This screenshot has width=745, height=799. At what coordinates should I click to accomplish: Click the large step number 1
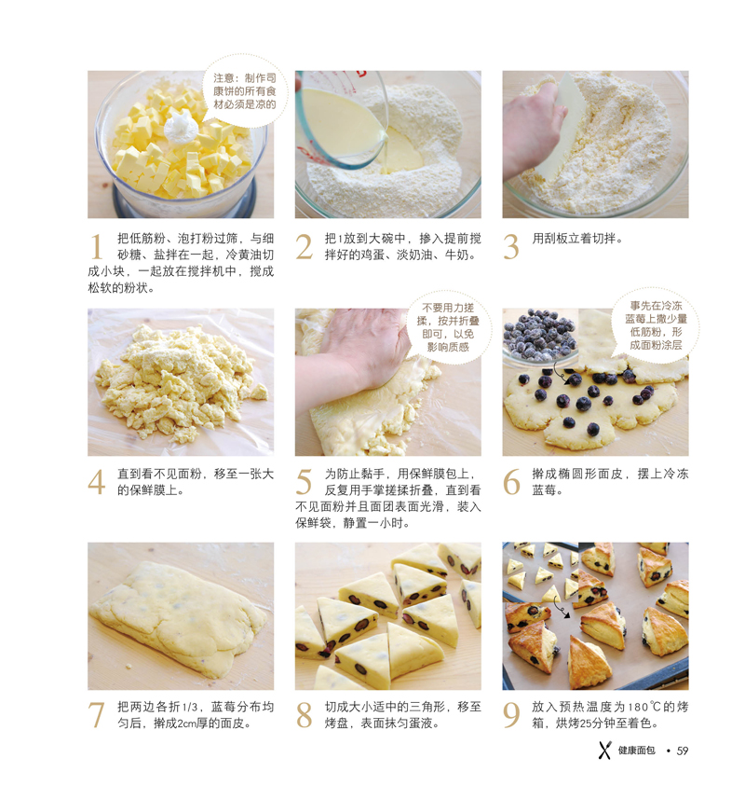pyautogui.click(x=96, y=247)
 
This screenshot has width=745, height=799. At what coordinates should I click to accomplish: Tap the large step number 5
pyautogui.click(x=304, y=482)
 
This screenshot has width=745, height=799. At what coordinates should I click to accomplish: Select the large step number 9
pyautogui.click(x=511, y=715)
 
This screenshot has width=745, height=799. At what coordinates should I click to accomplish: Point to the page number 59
pyautogui.click(x=683, y=751)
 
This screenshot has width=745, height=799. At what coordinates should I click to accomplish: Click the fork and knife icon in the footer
pyautogui.click(x=604, y=751)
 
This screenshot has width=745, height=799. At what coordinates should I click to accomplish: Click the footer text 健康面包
pyautogui.click(x=637, y=751)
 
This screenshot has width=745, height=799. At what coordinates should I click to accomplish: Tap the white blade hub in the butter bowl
pyautogui.click(x=180, y=127)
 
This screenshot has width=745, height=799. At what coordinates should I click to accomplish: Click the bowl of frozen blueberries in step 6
pyautogui.click(x=539, y=337)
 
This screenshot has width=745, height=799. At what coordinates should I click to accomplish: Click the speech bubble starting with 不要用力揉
pyautogui.click(x=448, y=327)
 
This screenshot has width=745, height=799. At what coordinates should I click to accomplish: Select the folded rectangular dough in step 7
pyautogui.click(x=178, y=615)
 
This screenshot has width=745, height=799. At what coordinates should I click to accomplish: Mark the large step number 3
pyautogui.click(x=511, y=247)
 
